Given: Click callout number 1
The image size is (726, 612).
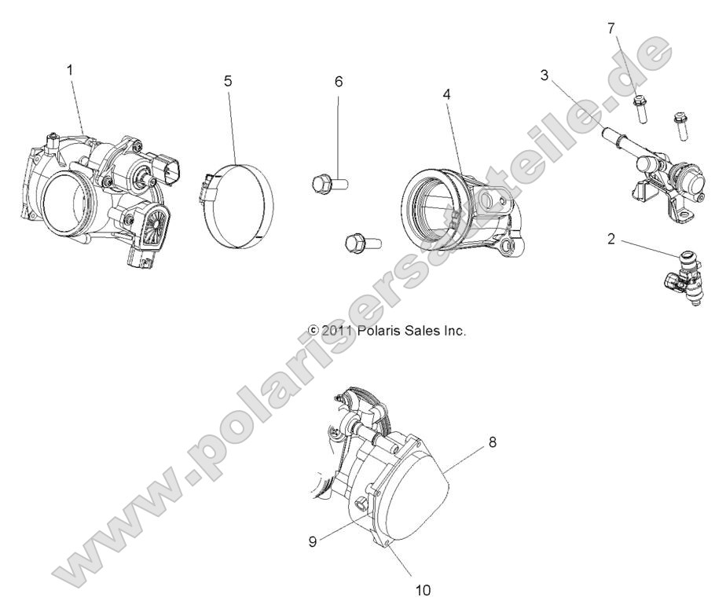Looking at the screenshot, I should [x=70, y=71].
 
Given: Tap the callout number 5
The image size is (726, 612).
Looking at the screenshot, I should [x=228, y=81].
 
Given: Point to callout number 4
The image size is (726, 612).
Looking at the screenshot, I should [x=445, y=94].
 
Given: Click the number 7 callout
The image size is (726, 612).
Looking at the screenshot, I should [x=610, y=29].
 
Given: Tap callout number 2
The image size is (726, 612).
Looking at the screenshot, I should [x=610, y=239].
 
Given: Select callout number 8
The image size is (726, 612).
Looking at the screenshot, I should [x=492, y=443].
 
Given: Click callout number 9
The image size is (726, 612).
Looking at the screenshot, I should [x=313, y=542].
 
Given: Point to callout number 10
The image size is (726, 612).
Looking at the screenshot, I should [x=423, y=588].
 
